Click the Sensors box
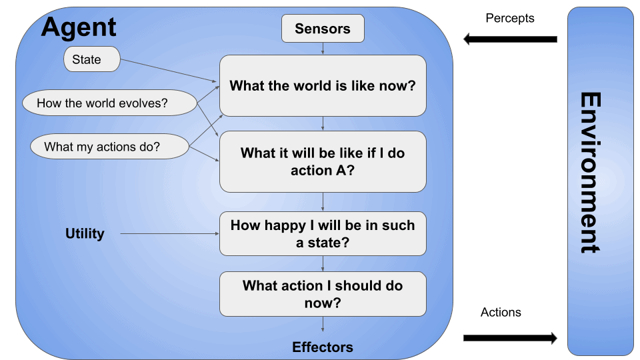point(323,29)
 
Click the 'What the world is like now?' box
point(323,86)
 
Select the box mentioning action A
point(323,161)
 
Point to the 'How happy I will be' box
point(323,233)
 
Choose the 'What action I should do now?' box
point(323,294)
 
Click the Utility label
point(85,233)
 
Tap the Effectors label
point(323,347)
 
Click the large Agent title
point(79,27)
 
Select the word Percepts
point(510,19)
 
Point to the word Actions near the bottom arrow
point(501,312)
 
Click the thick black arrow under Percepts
point(510,39)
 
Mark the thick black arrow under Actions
point(510,338)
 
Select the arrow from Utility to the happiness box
point(170,234)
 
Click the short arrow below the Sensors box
point(323,49)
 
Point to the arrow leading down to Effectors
point(323,325)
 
